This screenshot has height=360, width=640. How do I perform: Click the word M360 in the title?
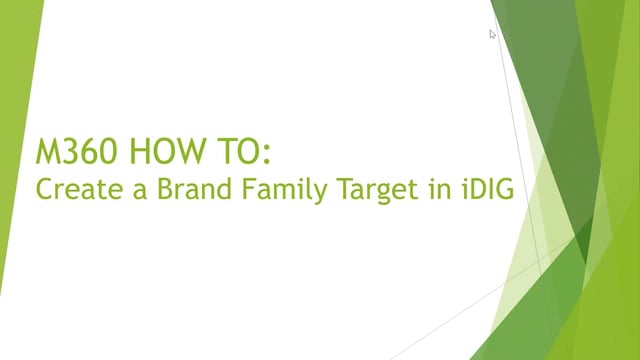[x=76, y=151]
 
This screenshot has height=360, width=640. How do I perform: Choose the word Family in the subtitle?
[x=285, y=190]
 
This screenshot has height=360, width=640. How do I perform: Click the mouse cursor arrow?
[x=492, y=34]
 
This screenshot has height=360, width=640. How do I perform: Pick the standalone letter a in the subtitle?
[x=140, y=191]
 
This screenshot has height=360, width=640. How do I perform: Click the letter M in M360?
[x=47, y=151]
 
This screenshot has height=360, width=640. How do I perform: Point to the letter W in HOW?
[x=188, y=151]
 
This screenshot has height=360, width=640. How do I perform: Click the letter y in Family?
[x=321, y=194]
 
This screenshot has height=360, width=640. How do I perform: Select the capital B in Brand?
[x=165, y=189]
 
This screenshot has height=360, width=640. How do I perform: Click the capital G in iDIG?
[x=504, y=189]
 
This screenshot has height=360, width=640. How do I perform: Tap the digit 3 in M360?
[x=70, y=151]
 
